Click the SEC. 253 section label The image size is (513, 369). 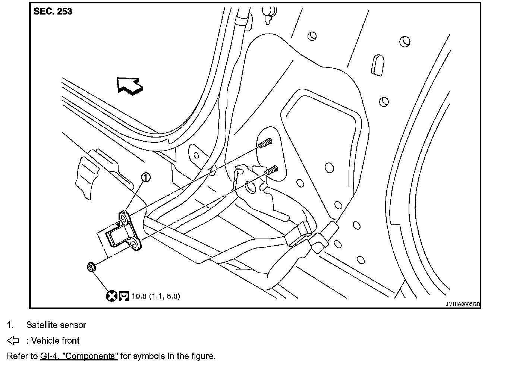pyautogui.click(x=53, y=12)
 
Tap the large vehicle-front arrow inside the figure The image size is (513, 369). pyautogui.click(x=129, y=86)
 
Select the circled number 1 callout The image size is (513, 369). pyautogui.click(x=146, y=177)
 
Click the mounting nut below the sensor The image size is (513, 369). pyautogui.click(x=91, y=267)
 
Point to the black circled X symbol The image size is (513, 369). pyautogui.click(x=111, y=296)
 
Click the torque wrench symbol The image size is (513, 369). pyautogui.click(x=124, y=296)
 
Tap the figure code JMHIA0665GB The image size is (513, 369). pyautogui.click(x=462, y=304)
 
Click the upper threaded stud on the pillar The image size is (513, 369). pyautogui.click(x=265, y=143)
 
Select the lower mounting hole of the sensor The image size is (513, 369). pyautogui.click(x=135, y=244)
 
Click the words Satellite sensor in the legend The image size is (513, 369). pyautogui.click(x=56, y=325)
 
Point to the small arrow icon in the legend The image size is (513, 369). pyautogui.click(x=13, y=341)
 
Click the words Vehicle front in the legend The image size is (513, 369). pyautogui.click(x=55, y=341)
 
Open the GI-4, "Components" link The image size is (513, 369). pyautogui.click(x=79, y=356)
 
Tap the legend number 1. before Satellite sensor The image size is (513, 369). pyautogui.click(x=10, y=325)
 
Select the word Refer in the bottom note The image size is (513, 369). pyautogui.click(x=17, y=356)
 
